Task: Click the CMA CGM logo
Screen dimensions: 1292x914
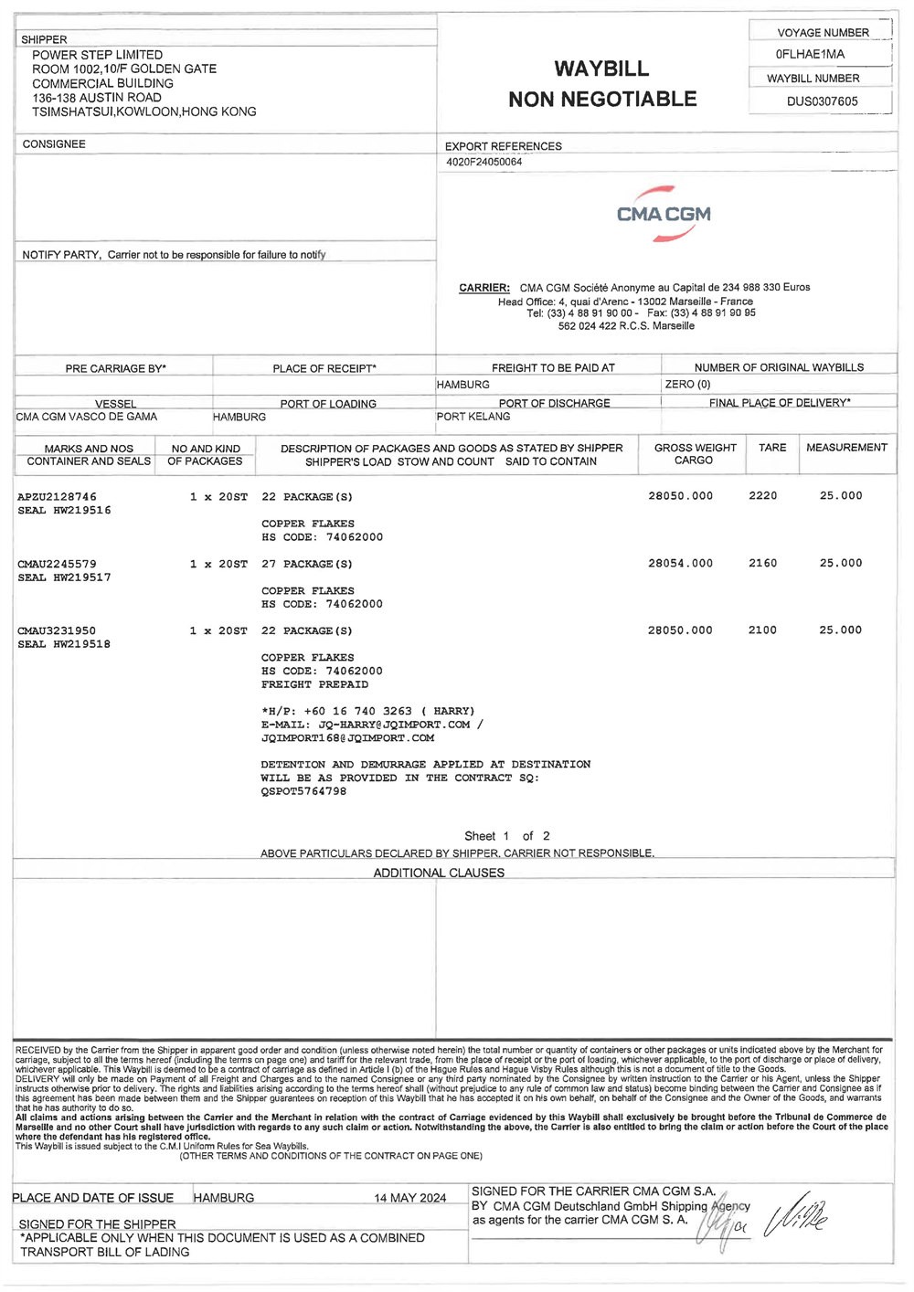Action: [x=664, y=215]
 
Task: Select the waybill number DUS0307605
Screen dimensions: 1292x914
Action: [x=822, y=101]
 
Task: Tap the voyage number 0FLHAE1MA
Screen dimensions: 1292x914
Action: [x=810, y=55]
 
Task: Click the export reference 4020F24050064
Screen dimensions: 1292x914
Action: [x=484, y=162]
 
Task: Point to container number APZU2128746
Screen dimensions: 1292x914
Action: [x=57, y=496]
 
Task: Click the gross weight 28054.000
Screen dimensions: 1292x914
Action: [x=680, y=564]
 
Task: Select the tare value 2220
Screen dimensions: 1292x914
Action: [x=762, y=496]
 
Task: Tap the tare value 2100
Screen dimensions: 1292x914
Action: [x=762, y=630]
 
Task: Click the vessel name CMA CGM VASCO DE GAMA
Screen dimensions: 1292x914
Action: [x=87, y=417]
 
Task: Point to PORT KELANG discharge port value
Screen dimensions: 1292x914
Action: [x=473, y=417]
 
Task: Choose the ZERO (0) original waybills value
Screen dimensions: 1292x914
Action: [x=687, y=385]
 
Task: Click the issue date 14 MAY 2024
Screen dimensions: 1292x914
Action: [x=409, y=1198]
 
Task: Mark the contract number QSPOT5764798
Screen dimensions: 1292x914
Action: [x=303, y=791]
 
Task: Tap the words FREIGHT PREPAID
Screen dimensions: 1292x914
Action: [x=314, y=684]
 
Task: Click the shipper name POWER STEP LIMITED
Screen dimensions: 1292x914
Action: [x=98, y=55]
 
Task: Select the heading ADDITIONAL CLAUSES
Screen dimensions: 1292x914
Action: [x=439, y=873]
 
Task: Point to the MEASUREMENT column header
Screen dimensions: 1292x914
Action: [x=846, y=448]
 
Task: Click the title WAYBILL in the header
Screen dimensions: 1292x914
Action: [x=601, y=69]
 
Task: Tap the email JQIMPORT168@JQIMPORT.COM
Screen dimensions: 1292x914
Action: [x=347, y=738]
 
